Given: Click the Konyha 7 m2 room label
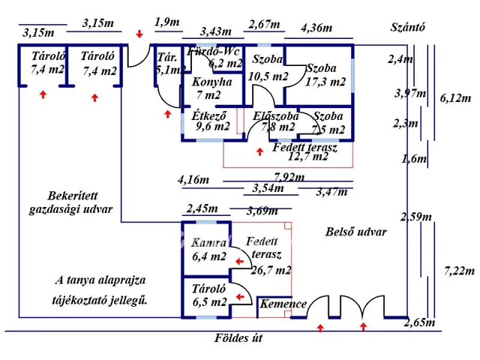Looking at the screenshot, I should (211, 88).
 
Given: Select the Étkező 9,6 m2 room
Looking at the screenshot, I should (211, 121).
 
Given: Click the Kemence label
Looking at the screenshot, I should (283, 304).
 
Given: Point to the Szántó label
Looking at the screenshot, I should (408, 28).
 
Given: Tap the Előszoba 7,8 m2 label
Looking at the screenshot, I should (275, 121).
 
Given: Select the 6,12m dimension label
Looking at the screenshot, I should (455, 98).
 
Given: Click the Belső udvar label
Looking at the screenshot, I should (356, 232).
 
